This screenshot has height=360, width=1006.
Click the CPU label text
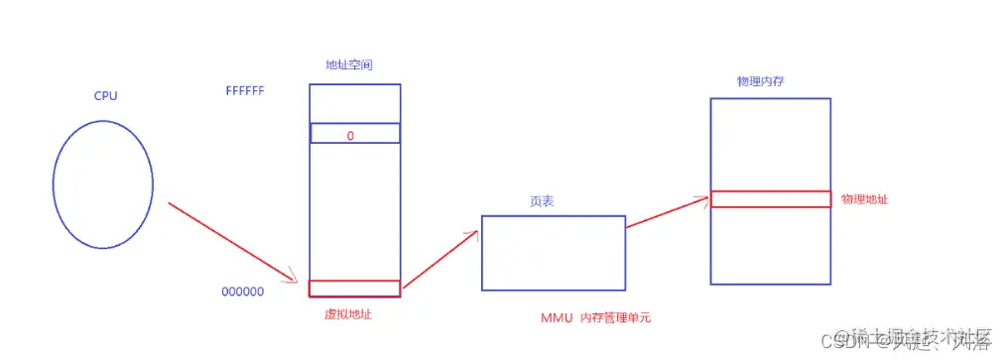pyautogui.click(x=106, y=97)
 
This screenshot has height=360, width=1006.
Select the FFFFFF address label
pyautogui.click(x=244, y=91)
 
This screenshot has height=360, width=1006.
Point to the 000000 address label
pyautogui.click(x=242, y=293)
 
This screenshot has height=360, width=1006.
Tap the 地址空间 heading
pyautogui.click(x=349, y=64)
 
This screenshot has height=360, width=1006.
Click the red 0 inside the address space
pyautogui.click(x=350, y=135)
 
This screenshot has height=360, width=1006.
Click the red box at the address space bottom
pyautogui.click(x=354, y=289)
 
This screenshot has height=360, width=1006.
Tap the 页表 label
pyautogui.click(x=542, y=201)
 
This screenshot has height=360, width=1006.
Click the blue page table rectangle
pyautogui.click(x=553, y=253)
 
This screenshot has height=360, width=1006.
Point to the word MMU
pyautogui.click(x=557, y=318)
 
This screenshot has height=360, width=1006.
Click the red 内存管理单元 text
pyautogui.click(x=622, y=318)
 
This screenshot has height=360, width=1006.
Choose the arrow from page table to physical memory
pyautogui.click(x=667, y=212)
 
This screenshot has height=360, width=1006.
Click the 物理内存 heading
pyautogui.click(x=760, y=81)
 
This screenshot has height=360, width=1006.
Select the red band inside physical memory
pyautogui.click(x=770, y=199)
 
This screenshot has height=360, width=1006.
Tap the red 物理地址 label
pyautogui.click(x=864, y=199)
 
